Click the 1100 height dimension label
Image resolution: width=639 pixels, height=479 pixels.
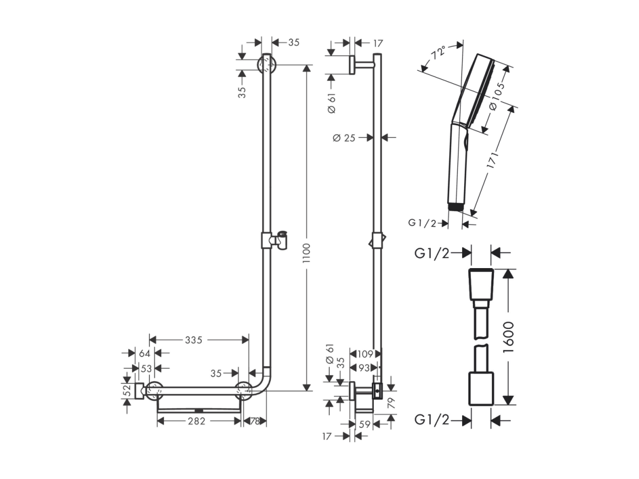(306, 253)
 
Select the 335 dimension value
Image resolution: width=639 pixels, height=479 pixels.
(194, 339)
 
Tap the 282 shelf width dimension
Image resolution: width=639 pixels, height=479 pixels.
(196, 421)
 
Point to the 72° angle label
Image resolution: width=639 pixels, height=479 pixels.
(438, 52)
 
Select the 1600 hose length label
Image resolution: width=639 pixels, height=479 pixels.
(508, 337)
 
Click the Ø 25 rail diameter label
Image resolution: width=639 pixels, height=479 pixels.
(344, 138)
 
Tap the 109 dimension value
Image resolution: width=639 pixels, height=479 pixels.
(365, 354)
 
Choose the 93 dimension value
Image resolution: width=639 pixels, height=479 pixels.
(364, 368)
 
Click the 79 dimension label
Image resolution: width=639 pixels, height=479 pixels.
(392, 403)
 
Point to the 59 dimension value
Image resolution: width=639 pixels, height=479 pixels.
(364, 424)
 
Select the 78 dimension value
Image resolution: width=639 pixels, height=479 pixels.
(255, 421)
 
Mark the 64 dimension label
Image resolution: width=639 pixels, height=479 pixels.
(145, 354)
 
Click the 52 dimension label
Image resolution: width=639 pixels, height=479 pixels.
(127, 390)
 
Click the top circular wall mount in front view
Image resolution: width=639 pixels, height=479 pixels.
(266, 65)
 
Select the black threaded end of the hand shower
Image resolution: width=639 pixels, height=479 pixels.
(455, 207)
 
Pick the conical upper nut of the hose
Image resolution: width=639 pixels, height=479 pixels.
(481, 284)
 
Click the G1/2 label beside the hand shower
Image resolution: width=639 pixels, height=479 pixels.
(422, 223)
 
